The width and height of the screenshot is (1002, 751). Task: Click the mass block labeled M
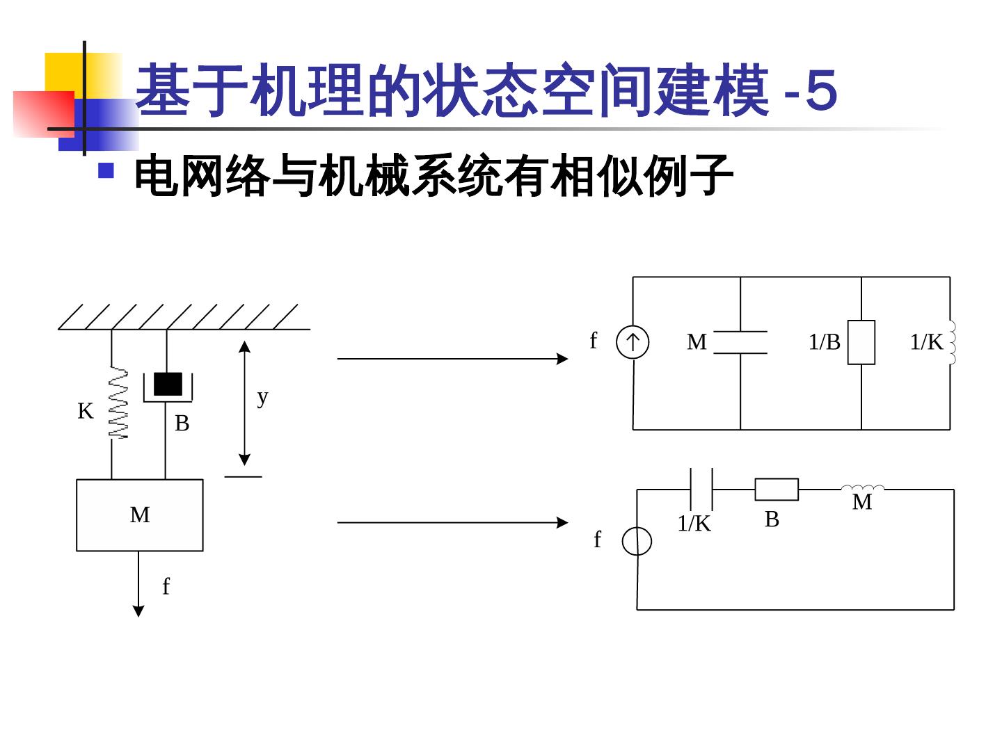[139, 515]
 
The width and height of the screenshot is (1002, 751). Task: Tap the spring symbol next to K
[119, 403]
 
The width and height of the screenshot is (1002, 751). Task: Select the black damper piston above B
[168, 384]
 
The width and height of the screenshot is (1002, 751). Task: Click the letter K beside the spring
[85, 412]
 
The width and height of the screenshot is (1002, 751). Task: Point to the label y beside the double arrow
[262, 397]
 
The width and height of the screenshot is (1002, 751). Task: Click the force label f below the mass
[166, 587]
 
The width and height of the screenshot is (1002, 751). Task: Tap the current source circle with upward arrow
[633, 342]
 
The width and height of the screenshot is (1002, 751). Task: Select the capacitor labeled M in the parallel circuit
[740, 342]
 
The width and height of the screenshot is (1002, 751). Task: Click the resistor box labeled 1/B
[861, 342]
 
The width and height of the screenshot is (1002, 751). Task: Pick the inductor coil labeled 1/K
[951, 342]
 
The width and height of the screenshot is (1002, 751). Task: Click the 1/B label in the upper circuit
[825, 342]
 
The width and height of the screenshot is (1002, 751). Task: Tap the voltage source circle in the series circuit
[637, 541]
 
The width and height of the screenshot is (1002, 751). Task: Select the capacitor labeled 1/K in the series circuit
[701, 490]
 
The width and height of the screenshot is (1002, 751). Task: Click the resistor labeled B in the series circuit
[777, 490]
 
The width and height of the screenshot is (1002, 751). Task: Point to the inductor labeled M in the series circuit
[863, 488]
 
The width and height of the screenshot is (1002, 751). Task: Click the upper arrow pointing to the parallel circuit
[452, 359]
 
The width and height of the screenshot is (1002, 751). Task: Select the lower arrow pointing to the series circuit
[452, 522]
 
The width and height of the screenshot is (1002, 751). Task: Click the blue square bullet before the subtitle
[106, 170]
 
